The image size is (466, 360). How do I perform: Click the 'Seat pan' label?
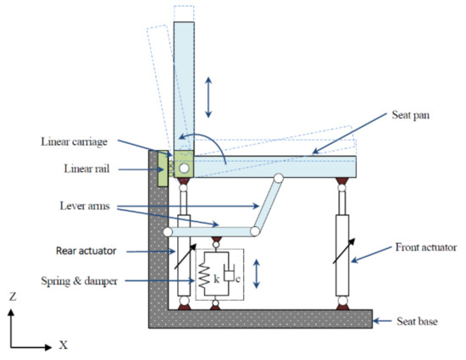410,115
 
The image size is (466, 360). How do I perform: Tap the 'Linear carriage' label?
74,141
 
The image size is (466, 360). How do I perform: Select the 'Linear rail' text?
86,169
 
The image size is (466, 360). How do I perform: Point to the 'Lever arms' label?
85,206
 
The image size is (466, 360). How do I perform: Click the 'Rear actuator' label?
86,251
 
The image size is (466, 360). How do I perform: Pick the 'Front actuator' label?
426,247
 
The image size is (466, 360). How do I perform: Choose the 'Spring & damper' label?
80,281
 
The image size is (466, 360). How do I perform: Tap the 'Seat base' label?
417,321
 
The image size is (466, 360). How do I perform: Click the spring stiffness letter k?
216,279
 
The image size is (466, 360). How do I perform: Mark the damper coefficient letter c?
238,280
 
